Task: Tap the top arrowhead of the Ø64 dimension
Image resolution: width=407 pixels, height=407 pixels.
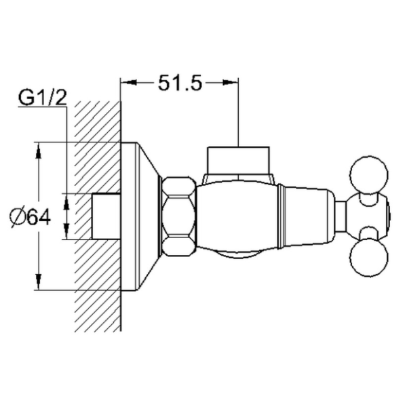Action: click(x=39, y=150)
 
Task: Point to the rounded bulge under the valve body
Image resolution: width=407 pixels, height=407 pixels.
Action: click(x=239, y=255)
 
